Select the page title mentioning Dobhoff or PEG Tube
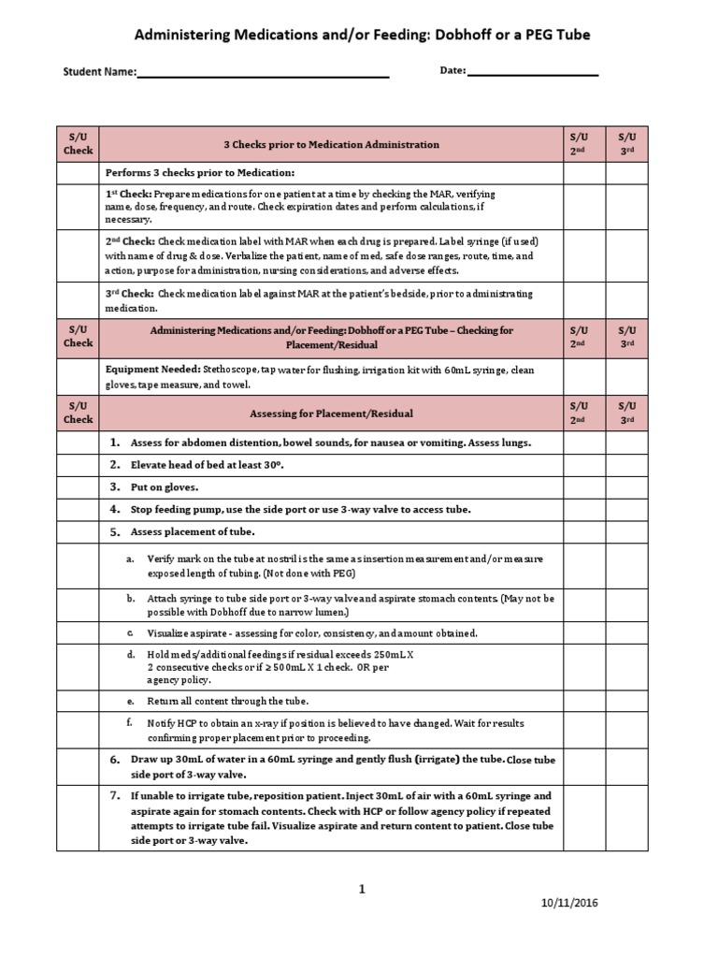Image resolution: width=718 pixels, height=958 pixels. [364, 35]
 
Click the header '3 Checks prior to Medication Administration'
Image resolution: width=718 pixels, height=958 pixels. [331, 145]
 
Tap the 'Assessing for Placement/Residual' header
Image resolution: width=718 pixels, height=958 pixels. [331, 413]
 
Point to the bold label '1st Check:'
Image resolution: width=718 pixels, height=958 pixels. [124, 194]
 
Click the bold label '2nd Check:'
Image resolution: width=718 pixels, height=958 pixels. [125, 240]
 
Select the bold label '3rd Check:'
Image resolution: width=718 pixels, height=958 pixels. [124, 293]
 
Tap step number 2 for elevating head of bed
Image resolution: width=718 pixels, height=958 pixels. [114, 464]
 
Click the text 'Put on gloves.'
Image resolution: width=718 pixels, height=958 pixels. [165, 486]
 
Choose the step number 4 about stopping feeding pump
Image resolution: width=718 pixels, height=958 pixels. [114, 509]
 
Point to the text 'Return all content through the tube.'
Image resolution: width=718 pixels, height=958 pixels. [227, 700]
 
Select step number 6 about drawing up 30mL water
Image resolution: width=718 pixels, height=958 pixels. [114, 759]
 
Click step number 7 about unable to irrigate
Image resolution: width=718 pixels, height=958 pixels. [114, 795]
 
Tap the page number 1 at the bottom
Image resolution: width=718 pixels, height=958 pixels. [361, 890]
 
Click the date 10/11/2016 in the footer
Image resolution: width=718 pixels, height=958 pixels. [570, 903]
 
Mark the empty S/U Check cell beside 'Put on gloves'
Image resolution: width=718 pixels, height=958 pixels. [78, 486]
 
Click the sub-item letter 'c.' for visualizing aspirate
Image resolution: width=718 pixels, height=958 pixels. [130, 633]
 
